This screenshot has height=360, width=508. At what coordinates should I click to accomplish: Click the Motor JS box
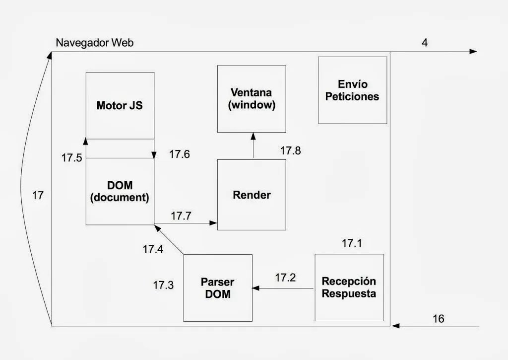pos(120,105)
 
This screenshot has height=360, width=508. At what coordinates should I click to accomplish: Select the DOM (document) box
pos(120,191)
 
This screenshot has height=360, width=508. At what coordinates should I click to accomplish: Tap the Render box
pos(252,195)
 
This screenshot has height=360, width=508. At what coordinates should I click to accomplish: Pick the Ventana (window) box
pos(252,99)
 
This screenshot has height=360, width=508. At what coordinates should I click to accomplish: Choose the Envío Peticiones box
pos(352,90)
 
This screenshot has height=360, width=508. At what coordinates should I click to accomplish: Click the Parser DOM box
pos(217,288)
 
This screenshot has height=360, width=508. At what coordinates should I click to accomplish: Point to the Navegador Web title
pos(94,43)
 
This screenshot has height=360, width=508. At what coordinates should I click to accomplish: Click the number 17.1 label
pos(352,243)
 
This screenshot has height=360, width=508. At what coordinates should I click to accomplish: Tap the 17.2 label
pos(285,278)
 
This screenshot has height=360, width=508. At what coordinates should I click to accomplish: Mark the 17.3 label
pos(163,285)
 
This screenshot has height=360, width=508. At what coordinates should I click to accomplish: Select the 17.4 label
pos(153,249)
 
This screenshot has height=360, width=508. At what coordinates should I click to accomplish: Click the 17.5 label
pos(71,158)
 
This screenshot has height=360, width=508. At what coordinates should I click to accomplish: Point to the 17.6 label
pos(179,154)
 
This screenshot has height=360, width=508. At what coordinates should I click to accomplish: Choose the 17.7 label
pos(181,216)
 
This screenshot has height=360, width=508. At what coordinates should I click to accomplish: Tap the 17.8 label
pos(290,151)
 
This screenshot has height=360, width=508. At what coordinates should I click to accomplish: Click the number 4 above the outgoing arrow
pos(425,42)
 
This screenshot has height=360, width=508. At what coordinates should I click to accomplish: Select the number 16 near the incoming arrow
pos(439,319)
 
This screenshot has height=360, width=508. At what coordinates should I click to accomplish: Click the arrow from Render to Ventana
pos(253,145)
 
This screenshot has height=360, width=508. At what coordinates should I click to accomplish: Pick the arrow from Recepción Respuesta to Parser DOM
pos(283,288)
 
